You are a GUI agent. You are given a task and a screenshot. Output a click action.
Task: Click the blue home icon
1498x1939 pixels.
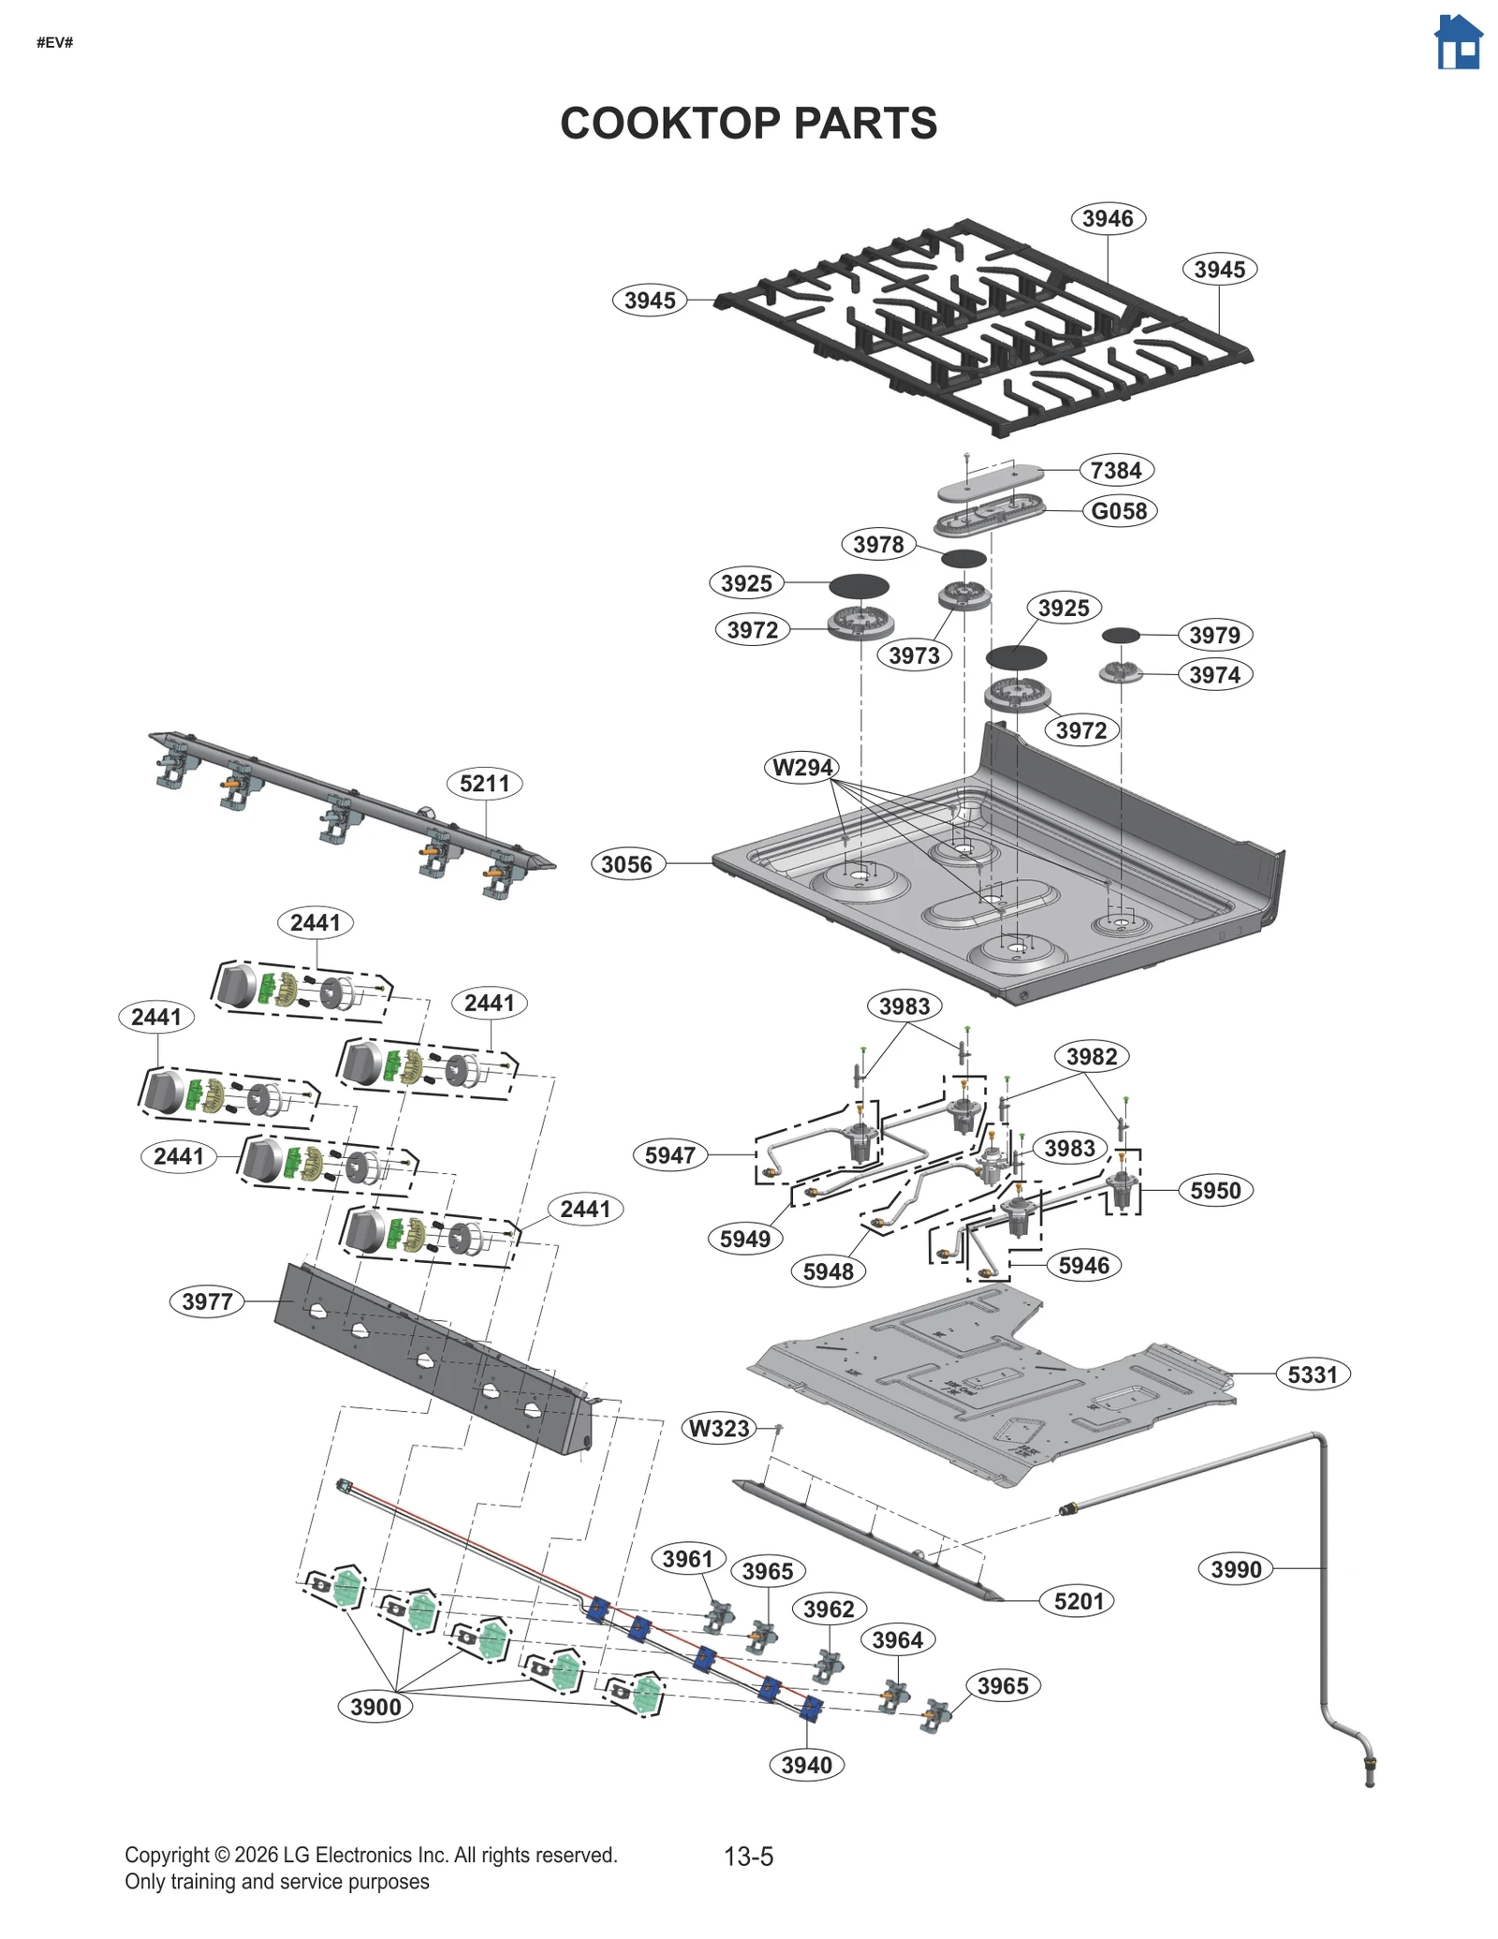coord(1458,43)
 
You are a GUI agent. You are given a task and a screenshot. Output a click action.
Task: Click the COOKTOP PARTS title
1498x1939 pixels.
coord(748,124)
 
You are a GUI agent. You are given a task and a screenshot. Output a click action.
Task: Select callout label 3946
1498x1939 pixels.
coord(1108,218)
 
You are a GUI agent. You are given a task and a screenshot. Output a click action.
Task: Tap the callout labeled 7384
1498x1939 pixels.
coord(1116,470)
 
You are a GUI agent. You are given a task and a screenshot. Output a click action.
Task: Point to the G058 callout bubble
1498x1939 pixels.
coord(1119,511)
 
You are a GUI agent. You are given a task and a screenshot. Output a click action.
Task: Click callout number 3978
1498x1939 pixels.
coord(878,545)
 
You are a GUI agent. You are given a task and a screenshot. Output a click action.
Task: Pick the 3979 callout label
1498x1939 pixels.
coord(1214,635)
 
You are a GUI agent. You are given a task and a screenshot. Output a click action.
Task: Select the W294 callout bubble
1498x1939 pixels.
coord(801,768)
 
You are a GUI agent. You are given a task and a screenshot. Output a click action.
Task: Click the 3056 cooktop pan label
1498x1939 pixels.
coord(627,863)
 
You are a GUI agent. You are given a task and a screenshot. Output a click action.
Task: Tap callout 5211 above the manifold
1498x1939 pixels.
coord(484,784)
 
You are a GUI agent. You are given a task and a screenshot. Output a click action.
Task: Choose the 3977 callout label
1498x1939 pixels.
coord(207,1301)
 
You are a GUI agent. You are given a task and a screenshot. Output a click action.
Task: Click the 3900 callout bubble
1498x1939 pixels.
coord(375,1707)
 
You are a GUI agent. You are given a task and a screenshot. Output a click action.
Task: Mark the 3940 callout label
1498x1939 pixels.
coord(806,1765)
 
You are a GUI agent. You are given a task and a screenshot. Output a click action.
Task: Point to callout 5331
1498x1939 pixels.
coord(1313,1374)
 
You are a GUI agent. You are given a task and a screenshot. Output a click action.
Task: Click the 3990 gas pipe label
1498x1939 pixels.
coord(1236,1569)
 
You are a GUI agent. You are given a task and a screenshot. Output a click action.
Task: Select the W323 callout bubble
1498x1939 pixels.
coord(719,1429)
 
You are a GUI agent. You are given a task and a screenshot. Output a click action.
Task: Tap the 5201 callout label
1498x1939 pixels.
coord(1079,1601)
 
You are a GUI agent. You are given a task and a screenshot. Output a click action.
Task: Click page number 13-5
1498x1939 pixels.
coord(748,1856)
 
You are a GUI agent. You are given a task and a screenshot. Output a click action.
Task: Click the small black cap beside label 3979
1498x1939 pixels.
coord(1121,636)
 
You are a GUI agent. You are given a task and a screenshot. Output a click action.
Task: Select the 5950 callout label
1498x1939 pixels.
coord(1214,1191)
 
